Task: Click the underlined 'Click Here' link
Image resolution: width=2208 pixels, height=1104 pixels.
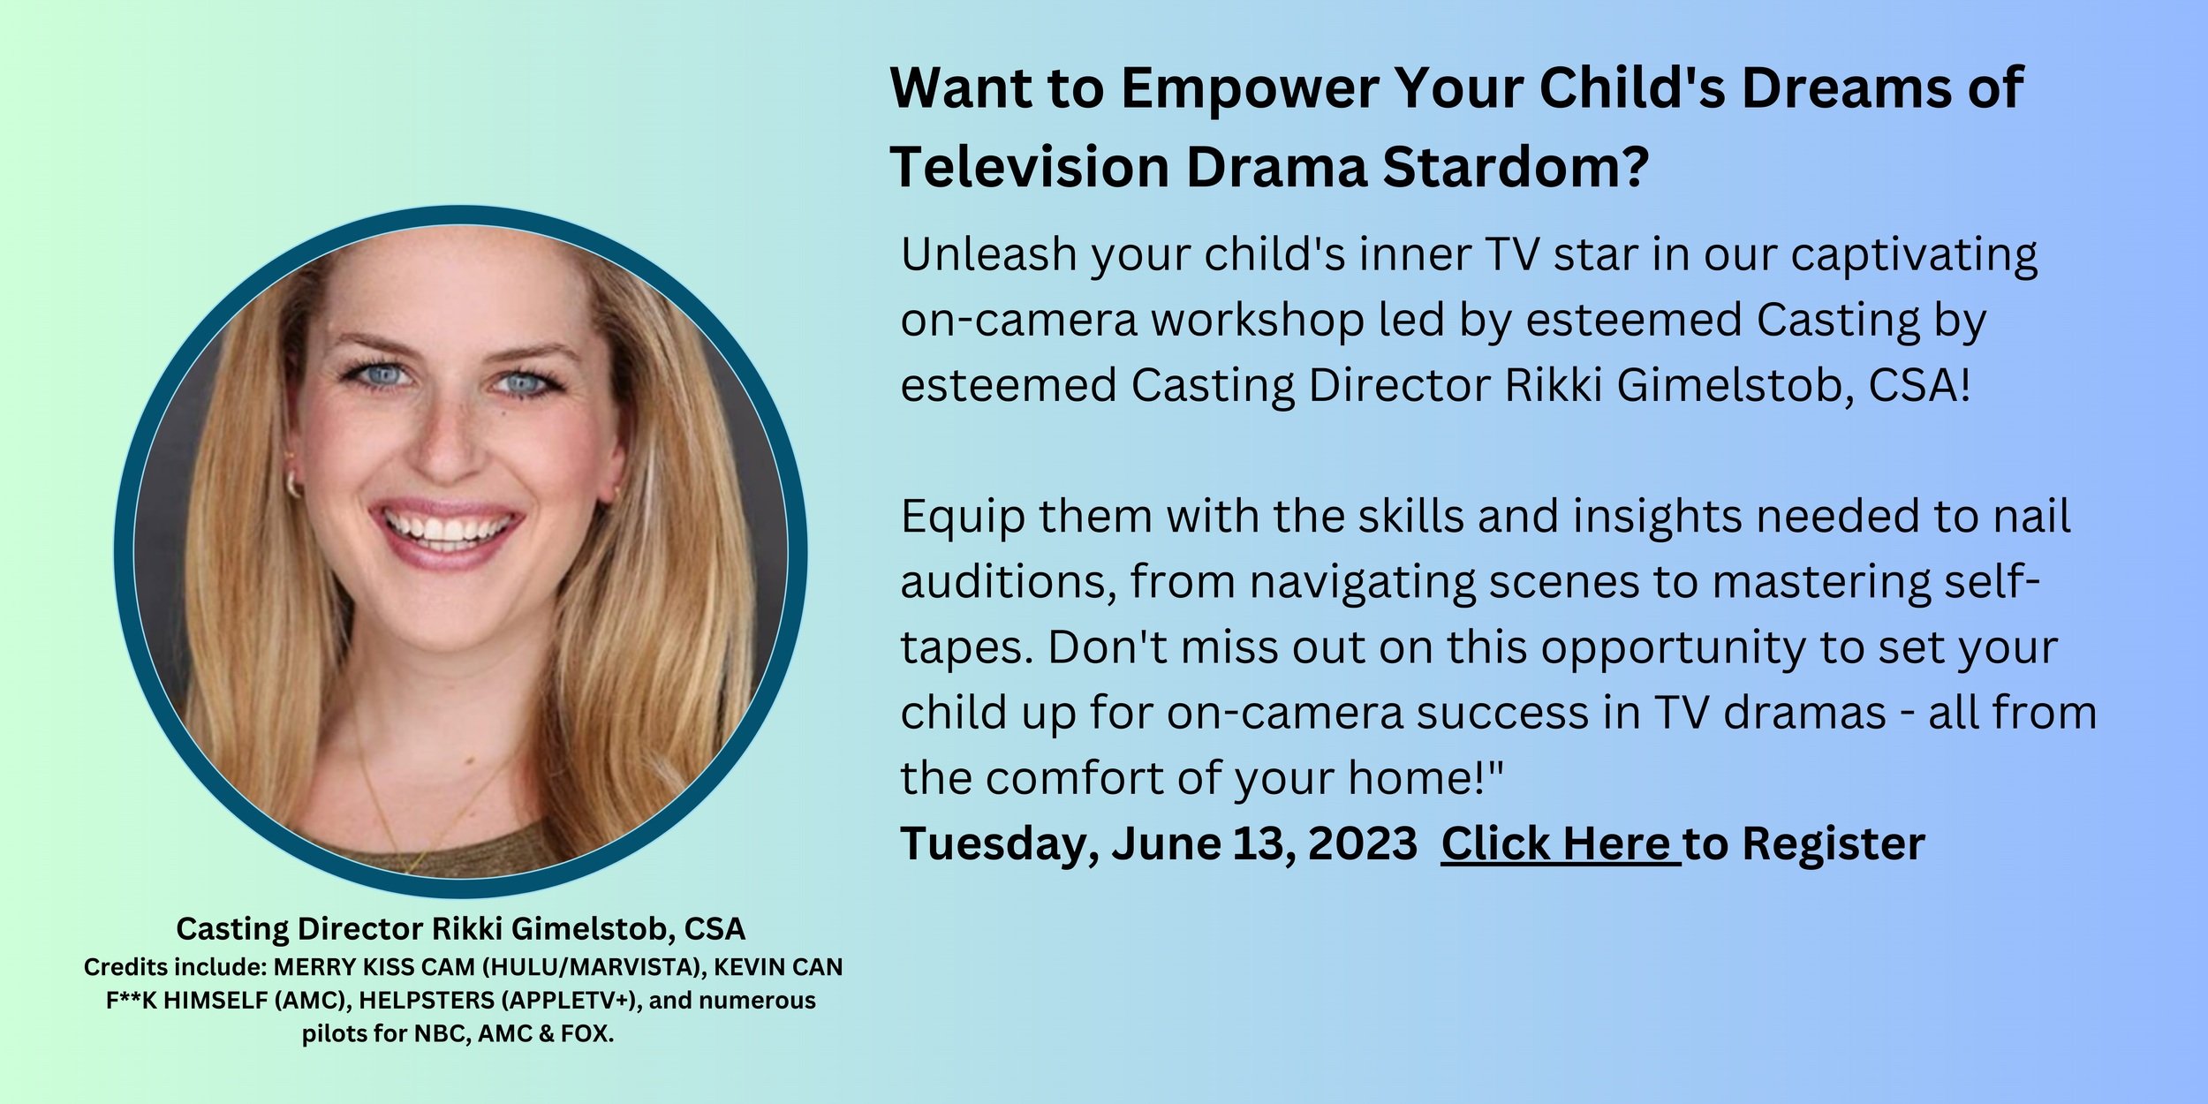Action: (x=1560, y=843)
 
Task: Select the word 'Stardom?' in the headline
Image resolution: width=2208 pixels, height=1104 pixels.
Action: (x=1516, y=167)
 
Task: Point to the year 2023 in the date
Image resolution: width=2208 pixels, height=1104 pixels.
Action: (x=1362, y=843)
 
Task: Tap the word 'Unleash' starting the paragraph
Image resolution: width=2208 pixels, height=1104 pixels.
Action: (x=987, y=254)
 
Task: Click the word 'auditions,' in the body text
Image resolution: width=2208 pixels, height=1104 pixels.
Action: (x=1008, y=583)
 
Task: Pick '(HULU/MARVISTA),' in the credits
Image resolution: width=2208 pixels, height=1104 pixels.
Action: (x=594, y=967)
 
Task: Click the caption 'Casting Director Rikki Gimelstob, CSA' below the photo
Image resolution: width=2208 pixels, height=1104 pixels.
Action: (x=460, y=928)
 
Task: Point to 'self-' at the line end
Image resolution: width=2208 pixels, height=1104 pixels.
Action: (x=1987, y=583)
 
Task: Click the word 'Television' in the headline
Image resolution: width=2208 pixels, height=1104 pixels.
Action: (x=1030, y=167)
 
